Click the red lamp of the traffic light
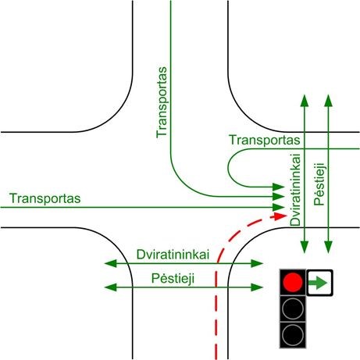click(x=293, y=282)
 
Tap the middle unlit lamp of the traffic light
click(x=293, y=308)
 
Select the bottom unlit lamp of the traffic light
click(x=293, y=334)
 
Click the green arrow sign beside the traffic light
click(x=319, y=283)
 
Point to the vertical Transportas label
click(x=162, y=102)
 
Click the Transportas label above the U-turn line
click(x=265, y=140)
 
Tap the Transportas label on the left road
click(x=45, y=198)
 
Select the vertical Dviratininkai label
click(x=295, y=190)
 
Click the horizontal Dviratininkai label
click(x=173, y=255)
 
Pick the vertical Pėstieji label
click(x=319, y=184)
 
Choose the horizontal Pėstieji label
click(x=173, y=279)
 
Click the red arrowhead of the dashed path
click(x=280, y=216)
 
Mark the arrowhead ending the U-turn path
click(x=279, y=187)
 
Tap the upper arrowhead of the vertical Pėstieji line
click(x=329, y=101)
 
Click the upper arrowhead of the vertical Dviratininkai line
click(x=305, y=101)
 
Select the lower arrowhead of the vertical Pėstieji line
click(x=329, y=248)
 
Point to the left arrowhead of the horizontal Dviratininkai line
click(x=110, y=263)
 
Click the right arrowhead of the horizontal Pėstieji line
click(x=257, y=287)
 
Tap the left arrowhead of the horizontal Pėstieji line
click(x=110, y=287)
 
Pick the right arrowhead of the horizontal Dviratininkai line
click(x=257, y=263)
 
